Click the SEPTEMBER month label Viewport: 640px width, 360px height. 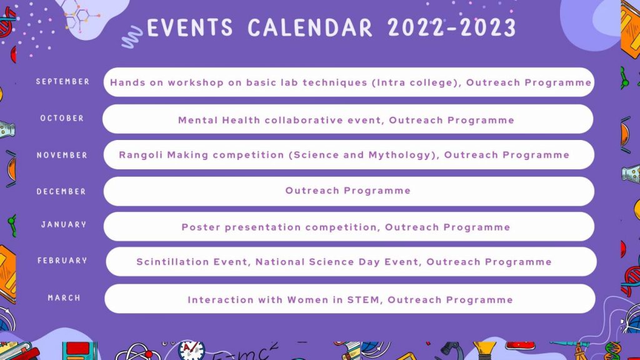(x=63, y=82)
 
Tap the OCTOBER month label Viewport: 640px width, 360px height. (x=62, y=118)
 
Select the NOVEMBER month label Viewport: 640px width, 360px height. (x=62, y=155)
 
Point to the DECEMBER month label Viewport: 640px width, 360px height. (x=61, y=191)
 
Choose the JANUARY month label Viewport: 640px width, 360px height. (x=64, y=224)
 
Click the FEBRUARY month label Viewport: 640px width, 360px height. (x=62, y=261)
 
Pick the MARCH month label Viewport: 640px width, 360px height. (x=64, y=298)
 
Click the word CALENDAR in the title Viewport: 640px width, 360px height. (x=310, y=27)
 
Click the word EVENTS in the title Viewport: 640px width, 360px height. (x=190, y=27)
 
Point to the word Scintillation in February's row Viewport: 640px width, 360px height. (x=173, y=262)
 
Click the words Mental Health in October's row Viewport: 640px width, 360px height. (x=219, y=121)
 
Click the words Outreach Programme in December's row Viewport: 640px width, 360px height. (x=347, y=191)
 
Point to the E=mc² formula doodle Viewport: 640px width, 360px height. (x=245, y=352)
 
